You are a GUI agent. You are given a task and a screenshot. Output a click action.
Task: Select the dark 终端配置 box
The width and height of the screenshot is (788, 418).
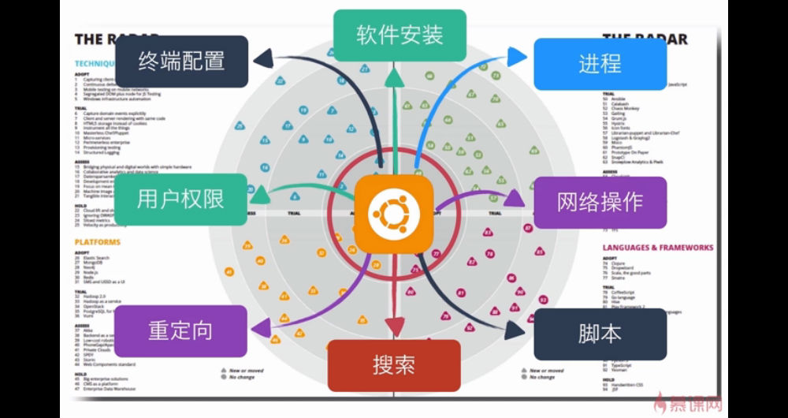[x=182, y=62]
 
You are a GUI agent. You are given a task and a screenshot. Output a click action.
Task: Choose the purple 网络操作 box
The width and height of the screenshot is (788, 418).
[x=600, y=203]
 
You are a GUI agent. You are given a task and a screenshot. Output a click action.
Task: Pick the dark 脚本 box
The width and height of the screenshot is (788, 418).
[x=600, y=334]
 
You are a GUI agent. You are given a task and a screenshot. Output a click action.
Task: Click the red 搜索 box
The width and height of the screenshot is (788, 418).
[x=393, y=365]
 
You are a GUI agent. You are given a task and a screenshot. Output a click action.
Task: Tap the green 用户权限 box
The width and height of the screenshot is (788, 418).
[x=180, y=199]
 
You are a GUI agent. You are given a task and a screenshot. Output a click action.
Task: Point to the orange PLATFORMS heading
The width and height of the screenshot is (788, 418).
[x=98, y=242]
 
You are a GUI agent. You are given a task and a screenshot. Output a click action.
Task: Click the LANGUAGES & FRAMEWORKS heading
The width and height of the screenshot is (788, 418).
[x=657, y=248]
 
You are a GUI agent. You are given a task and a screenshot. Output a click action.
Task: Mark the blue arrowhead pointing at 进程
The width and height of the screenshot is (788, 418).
[x=518, y=56]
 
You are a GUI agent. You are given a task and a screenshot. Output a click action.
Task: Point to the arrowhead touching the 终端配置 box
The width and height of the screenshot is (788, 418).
[x=263, y=57]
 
